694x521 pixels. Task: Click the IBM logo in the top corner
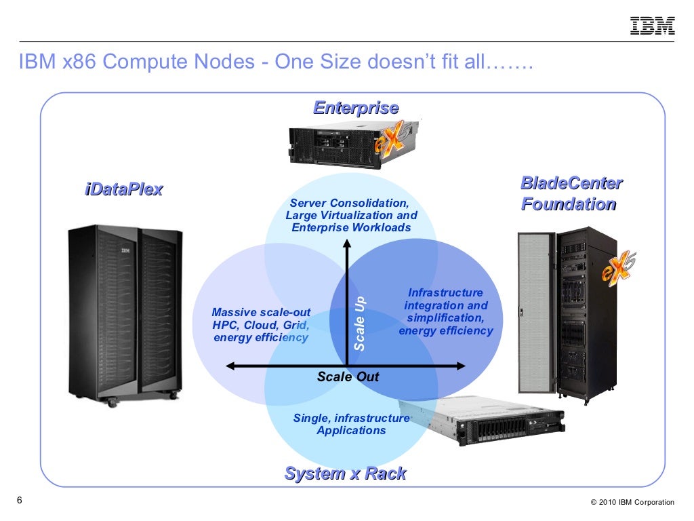653,26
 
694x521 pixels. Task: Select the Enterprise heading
355,108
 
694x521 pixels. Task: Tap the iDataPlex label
123,189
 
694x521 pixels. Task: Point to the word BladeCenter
571,183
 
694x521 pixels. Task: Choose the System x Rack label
345,474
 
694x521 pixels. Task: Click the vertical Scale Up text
360,323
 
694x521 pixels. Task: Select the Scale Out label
348,377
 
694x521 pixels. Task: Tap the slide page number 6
19,501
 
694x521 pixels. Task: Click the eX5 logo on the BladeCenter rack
618,266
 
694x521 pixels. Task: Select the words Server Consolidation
349,204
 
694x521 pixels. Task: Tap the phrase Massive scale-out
261,313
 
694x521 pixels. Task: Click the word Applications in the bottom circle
351,430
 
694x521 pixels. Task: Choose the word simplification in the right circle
445,318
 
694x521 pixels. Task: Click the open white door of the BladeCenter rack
535,312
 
